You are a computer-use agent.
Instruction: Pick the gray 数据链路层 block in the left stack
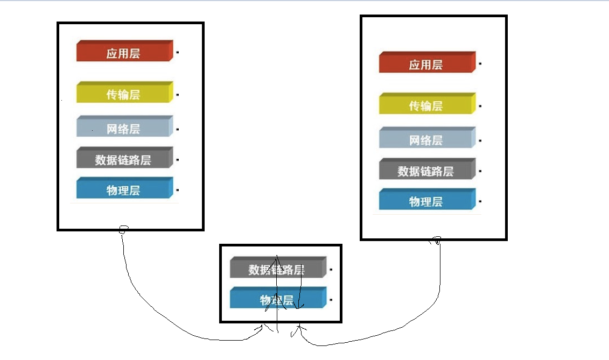point(124,159)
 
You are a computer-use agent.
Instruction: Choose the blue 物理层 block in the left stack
point(124,189)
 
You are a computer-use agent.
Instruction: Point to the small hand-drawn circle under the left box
point(123,229)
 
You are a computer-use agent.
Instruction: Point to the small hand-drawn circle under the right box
point(437,241)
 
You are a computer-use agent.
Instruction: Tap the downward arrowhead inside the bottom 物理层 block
point(299,306)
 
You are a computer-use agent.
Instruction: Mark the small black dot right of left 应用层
point(178,53)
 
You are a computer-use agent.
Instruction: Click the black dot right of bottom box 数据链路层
point(331,269)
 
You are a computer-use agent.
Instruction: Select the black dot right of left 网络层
point(178,129)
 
